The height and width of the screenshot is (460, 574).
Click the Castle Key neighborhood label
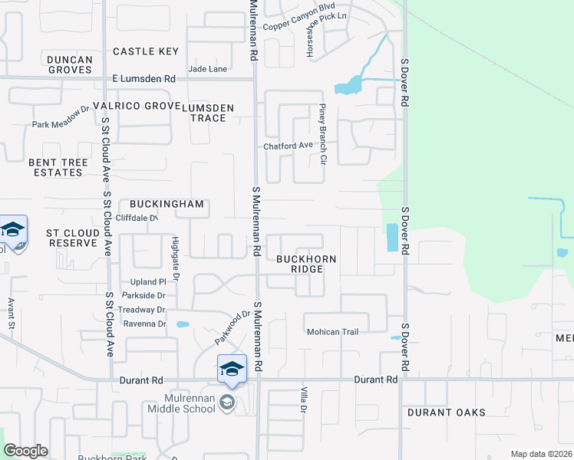click(x=146, y=51)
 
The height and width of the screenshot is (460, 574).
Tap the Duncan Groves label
click(x=69, y=64)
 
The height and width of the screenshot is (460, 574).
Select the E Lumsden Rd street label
click(x=143, y=79)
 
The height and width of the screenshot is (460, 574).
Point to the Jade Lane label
click(x=208, y=69)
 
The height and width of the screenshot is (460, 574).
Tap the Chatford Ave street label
click(x=289, y=146)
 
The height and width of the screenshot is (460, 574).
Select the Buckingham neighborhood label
click(x=167, y=204)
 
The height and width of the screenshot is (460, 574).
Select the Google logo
click(x=26, y=451)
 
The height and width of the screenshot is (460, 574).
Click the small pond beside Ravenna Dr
click(x=182, y=324)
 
